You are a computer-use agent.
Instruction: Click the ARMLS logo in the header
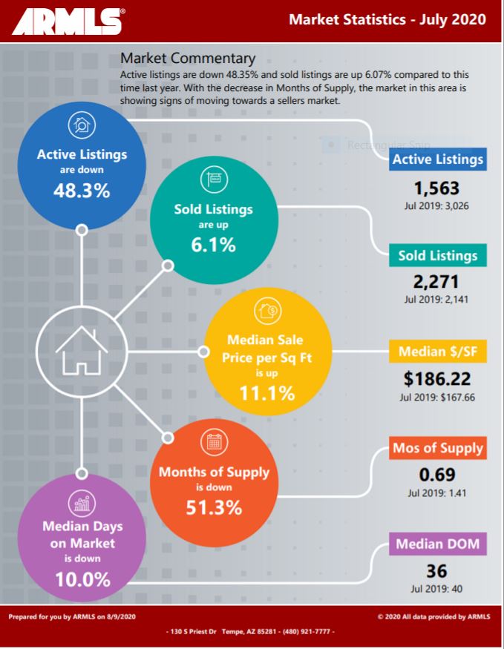coord(67,22)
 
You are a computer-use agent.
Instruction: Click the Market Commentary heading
coord(188,58)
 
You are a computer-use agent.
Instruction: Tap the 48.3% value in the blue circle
coord(82,191)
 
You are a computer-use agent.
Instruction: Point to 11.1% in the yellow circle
coord(266,392)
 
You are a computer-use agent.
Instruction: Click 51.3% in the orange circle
coord(214,508)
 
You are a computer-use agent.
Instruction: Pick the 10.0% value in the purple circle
coord(82,579)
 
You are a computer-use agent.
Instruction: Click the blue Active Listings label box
coord(438,159)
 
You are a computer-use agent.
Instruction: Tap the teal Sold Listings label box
coord(438,256)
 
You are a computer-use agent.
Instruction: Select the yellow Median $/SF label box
coord(437,352)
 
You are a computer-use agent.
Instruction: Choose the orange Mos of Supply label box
coord(438,448)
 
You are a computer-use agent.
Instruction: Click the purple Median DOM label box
coord(437,544)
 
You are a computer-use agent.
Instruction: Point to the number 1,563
coord(437,188)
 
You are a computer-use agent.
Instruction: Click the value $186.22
coord(437,379)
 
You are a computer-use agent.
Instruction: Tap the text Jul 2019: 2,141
coord(437,300)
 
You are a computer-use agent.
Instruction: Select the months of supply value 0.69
coord(437,475)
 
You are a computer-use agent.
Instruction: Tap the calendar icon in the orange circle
coord(214,443)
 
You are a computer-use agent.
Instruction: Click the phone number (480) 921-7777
coord(305,631)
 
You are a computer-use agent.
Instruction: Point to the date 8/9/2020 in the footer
coord(122,616)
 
